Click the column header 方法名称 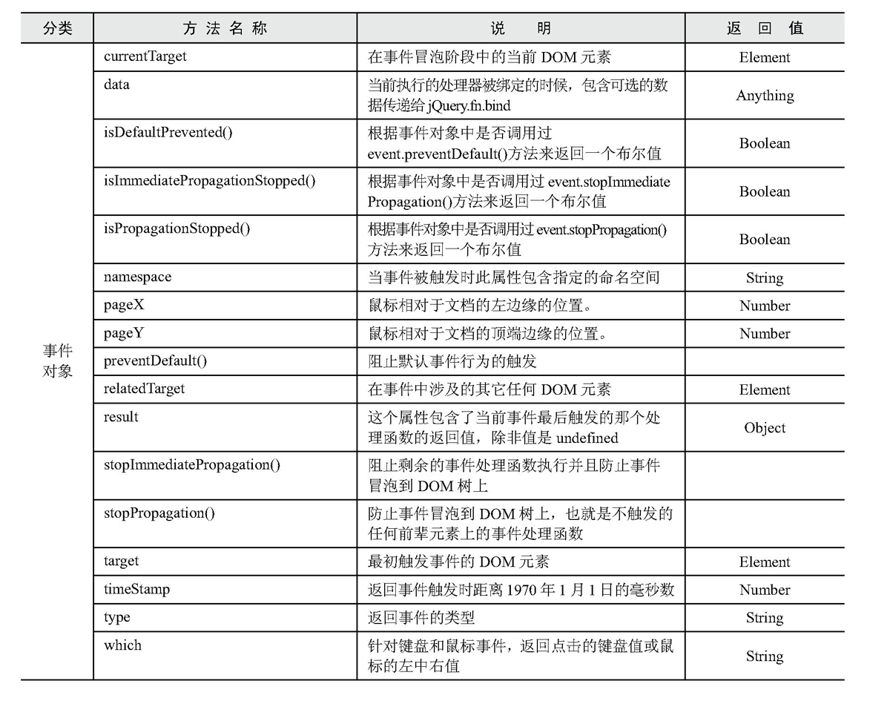point(225,29)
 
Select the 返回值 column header point(765,29)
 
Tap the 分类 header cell point(57,29)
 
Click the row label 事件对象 point(57,361)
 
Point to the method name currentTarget point(145,56)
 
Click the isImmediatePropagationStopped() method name point(210,181)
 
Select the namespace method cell point(137,277)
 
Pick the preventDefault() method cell point(155,361)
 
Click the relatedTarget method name point(145,389)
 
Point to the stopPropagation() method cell point(159,513)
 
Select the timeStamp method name point(136,590)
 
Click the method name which point(122,645)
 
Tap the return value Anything point(765,96)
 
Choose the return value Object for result point(765,428)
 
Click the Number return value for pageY point(765,334)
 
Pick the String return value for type point(765,618)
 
